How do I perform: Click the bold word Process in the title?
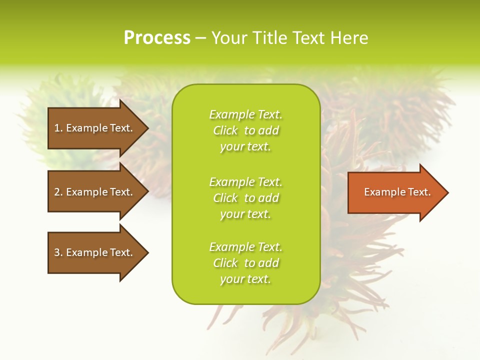tap(157, 38)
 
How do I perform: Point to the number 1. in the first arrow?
tap(58, 128)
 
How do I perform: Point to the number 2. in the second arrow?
tap(58, 192)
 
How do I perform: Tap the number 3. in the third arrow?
tap(58, 252)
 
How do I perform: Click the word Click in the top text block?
tap(225, 130)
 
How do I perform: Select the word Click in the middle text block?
tap(225, 198)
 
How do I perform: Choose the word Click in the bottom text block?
tap(225, 263)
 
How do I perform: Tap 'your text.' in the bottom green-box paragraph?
tap(245, 279)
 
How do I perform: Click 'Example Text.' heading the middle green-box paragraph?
tap(245, 182)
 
